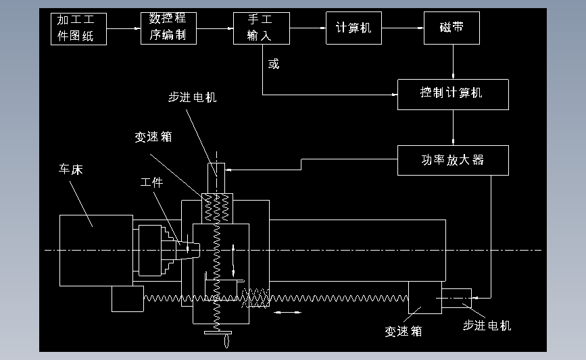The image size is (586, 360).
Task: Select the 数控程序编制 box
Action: tap(169, 28)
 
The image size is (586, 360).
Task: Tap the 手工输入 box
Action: tap(262, 28)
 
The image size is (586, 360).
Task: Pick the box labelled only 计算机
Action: tap(353, 28)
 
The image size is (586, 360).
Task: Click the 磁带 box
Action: tap(451, 28)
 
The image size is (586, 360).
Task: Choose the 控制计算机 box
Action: tap(452, 93)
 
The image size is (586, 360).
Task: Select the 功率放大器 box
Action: tap(452, 160)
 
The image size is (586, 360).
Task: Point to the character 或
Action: tap(273, 65)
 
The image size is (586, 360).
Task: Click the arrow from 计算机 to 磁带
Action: tap(403, 28)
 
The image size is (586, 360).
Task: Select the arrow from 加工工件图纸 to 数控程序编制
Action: tap(124, 28)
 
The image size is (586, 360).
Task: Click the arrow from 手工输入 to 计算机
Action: tap(308, 28)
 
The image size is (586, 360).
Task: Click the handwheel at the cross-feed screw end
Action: tap(217, 334)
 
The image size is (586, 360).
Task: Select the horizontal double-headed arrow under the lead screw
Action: tap(287, 312)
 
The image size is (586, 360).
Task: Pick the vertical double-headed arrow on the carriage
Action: tap(233, 261)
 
